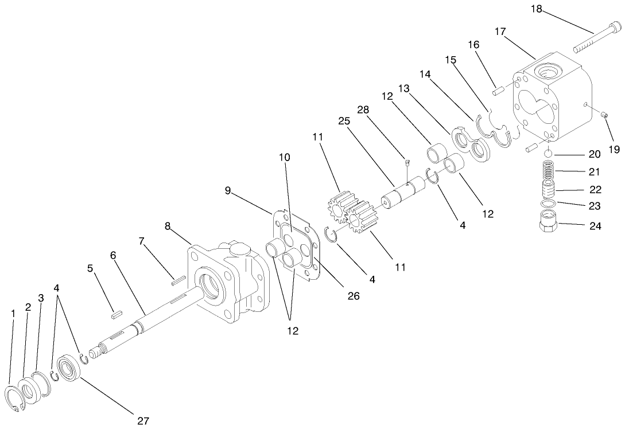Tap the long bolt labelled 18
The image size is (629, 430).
point(594,37)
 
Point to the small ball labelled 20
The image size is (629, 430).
point(548,154)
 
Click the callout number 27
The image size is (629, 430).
point(143,421)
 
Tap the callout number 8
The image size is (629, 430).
point(168,226)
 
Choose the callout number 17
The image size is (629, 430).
point(500,32)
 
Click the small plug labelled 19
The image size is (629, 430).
point(604,115)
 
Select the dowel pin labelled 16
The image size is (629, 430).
point(497,90)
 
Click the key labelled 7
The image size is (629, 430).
point(178,280)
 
